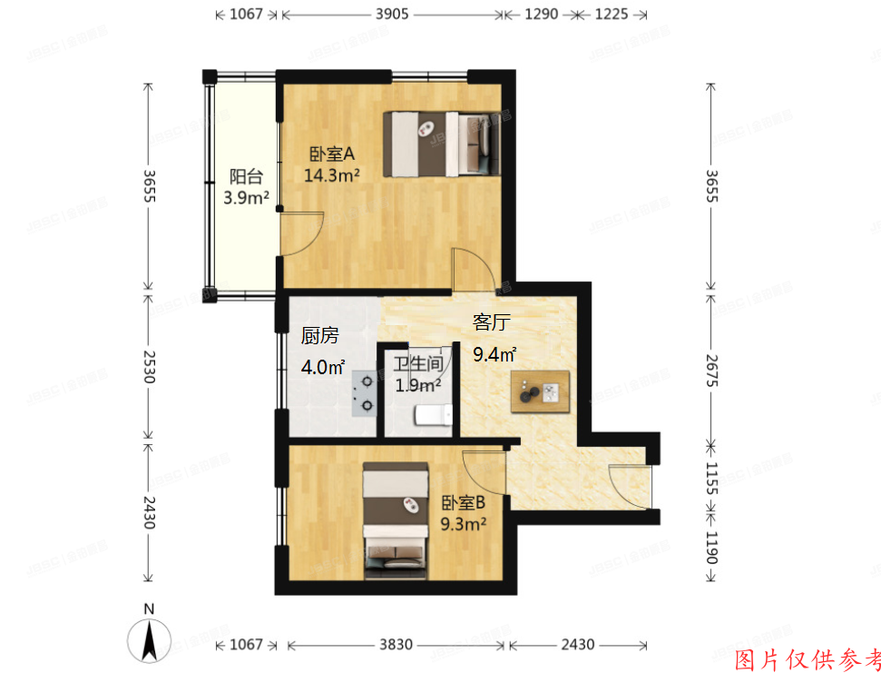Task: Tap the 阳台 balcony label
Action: pyautogui.click(x=246, y=176)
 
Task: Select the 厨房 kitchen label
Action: pyautogui.click(x=320, y=336)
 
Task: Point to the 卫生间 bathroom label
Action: pyautogui.click(x=418, y=364)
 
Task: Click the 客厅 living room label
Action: pyautogui.click(x=494, y=322)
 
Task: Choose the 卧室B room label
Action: pyautogui.click(x=464, y=503)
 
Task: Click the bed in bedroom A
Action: pyautogui.click(x=445, y=144)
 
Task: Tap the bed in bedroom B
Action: pyautogui.click(x=396, y=520)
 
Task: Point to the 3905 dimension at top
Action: pyautogui.click(x=391, y=15)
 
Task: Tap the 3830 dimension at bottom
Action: pyautogui.click(x=395, y=645)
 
